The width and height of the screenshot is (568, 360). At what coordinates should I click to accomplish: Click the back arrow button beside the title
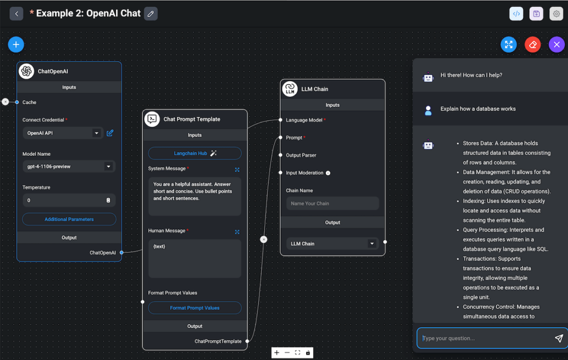point(17,13)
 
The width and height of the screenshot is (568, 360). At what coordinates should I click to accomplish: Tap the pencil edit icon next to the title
point(150,13)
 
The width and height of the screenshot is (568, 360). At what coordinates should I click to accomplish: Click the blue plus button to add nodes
point(16,44)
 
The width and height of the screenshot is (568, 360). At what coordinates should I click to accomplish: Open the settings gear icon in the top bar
point(556,14)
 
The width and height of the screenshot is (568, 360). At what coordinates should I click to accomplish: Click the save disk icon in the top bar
point(536,14)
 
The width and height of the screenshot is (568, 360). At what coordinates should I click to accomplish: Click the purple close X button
point(556,45)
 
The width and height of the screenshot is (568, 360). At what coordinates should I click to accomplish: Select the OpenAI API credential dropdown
point(63,133)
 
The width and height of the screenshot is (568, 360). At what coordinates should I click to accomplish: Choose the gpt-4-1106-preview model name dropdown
point(68,166)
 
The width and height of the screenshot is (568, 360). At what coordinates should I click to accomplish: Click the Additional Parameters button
point(69,219)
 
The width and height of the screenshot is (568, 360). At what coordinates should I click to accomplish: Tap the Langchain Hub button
point(195,153)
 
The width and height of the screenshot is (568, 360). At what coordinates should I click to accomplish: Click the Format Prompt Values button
point(195,308)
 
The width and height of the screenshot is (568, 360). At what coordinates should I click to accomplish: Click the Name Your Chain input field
point(332,204)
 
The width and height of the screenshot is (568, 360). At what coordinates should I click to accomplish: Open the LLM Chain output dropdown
point(332,244)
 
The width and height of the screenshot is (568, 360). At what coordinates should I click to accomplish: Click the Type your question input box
point(485,338)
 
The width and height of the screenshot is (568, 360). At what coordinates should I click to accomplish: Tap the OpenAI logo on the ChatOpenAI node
point(26,71)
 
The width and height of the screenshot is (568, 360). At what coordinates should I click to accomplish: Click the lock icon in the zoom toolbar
point(308,353)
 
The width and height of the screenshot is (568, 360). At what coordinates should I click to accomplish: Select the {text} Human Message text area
point(195,258)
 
